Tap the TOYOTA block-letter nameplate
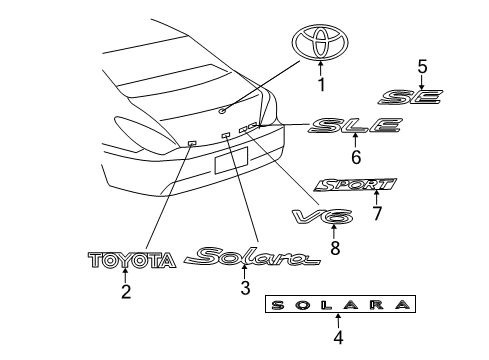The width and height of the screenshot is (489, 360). coord(132,260)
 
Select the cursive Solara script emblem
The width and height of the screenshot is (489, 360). coord(252,256)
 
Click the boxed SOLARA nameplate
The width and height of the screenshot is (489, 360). coord(340,304)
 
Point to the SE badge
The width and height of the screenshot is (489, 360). coord(410,97)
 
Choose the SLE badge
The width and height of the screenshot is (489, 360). coord(355,125)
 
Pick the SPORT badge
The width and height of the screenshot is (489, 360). coord(355,185)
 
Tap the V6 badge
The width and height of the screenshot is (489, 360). coord(322,217)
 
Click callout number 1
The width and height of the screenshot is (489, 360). coord(321,84)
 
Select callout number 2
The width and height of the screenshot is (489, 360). coord(126,291)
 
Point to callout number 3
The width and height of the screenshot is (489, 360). coord(245,288)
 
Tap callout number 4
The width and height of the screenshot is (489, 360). coord(338,337)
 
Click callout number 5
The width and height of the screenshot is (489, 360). coord(422,66)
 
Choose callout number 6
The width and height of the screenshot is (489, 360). coord(356,157)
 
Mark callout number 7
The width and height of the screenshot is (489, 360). coord(377,213)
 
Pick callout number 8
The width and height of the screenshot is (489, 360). coord(335,248)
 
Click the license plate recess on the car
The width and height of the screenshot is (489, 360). coord(231,160)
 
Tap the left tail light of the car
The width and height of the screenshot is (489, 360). coord(140,133)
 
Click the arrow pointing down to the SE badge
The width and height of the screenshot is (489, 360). coord(422,82)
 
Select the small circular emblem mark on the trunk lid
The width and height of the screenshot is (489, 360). coord(222,110)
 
